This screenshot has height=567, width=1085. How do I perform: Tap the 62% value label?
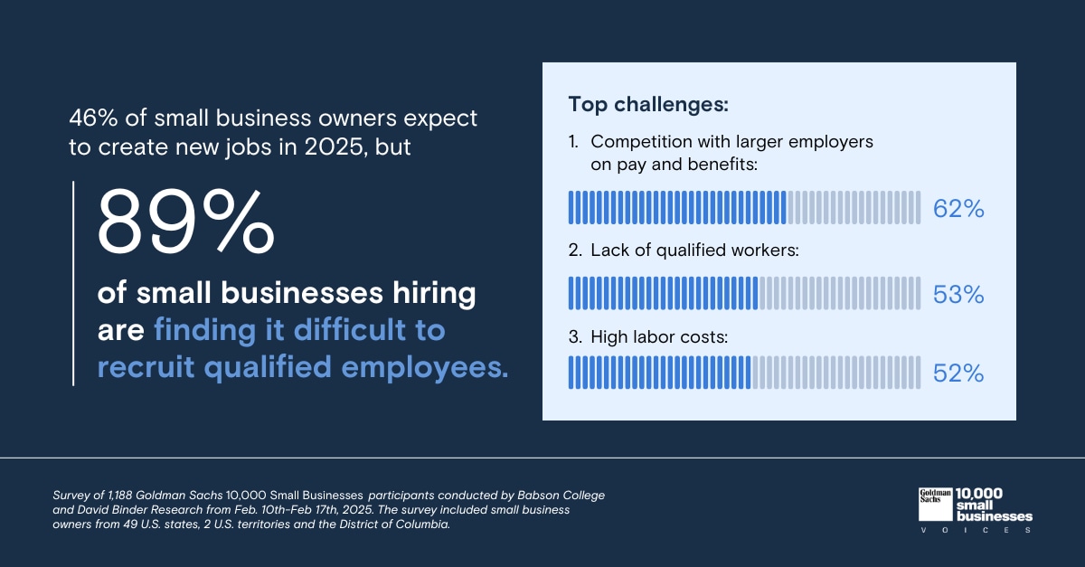(958, 210)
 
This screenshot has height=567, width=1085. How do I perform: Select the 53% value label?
(958, 295)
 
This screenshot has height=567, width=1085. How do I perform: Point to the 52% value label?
(958, 373)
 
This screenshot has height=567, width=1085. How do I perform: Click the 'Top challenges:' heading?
(648, 104)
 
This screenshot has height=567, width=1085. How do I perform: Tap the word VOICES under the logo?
(975, 531)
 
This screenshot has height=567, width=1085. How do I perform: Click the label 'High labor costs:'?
(659, 337)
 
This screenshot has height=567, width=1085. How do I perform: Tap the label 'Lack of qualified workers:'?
(693, 251)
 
